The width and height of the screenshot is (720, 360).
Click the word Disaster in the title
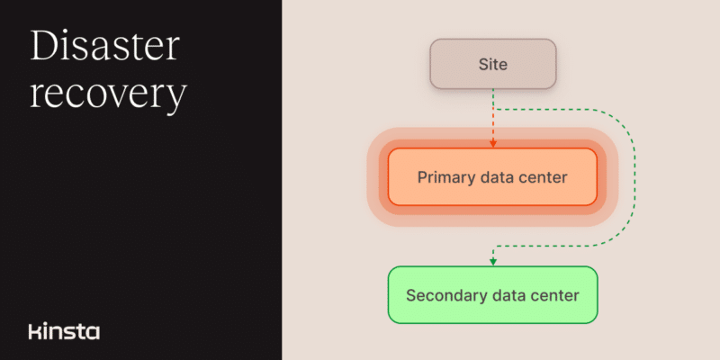[104, 46]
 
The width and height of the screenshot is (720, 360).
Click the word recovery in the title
[108, 95]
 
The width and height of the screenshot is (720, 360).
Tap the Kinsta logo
[64, 331]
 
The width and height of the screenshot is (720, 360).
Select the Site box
[492, 64]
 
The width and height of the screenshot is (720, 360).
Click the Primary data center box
[492, 176]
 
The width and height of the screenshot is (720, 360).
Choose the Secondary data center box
[492, 295]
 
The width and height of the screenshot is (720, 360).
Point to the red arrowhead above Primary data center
[492, 144]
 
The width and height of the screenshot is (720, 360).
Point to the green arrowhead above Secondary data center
[492, 262]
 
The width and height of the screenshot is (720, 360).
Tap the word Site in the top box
[492, 64]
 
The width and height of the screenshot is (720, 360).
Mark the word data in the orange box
[498, 177]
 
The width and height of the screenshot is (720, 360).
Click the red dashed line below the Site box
[492, 118]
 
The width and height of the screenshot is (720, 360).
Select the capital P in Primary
[422, 177]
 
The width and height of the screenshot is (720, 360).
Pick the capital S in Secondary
[411, 295]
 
